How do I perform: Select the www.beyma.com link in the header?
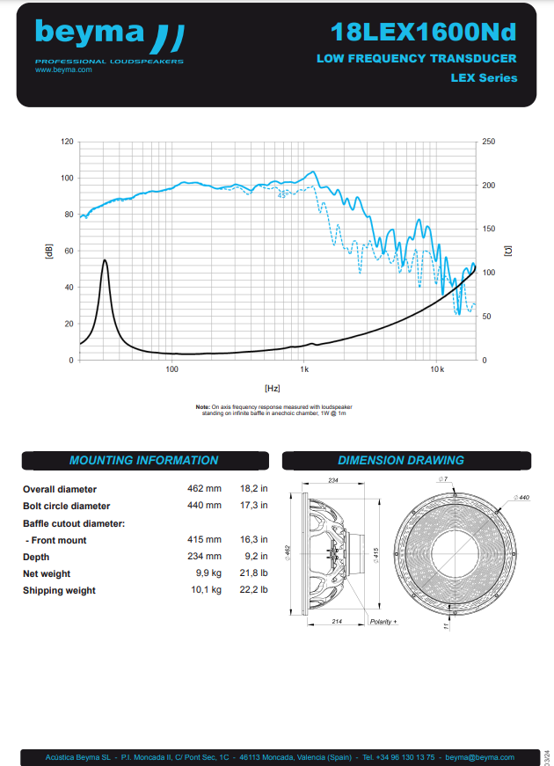pyautogui.click(x=63, y=69)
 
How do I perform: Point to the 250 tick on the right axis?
pyautogui.click(x=489, y=142)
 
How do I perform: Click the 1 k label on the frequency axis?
pyautogui.click(x=303, y=369)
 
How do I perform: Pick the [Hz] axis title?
pyautogui.click(x=272, y=387)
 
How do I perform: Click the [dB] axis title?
pyautogui.click(x=49, y=251)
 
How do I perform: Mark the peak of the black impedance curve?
pyautogui.click(x=106, y=260)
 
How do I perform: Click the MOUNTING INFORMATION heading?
pyautogui.click(x=143, y=460)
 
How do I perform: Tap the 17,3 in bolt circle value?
pyautogui.click(x=254, y=506)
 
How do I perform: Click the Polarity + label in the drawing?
pyautogui.click(x=383, y=622)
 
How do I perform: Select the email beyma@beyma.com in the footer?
pyautogui.click(x=479, y=757)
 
